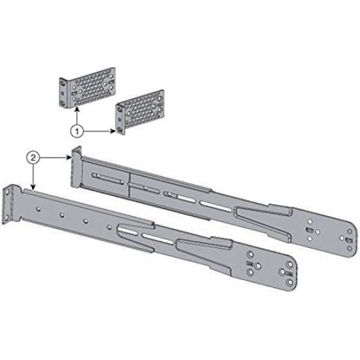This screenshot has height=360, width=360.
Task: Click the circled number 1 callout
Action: [77, 131]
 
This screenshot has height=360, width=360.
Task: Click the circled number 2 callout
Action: [33, 157]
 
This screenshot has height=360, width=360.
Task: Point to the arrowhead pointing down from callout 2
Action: [33, 188]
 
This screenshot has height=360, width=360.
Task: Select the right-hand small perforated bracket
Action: [140, 113]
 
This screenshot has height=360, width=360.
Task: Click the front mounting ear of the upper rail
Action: [76, 160]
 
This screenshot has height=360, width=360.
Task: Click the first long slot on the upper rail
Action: [108, 177]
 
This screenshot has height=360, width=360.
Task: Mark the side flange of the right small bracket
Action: [118, 118]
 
